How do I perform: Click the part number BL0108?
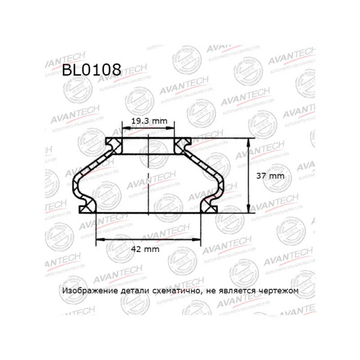point(91,70)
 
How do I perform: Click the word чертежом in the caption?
point(280,290)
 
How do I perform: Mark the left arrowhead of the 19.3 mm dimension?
point(124,129)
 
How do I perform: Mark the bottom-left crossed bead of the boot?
point(88,207)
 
